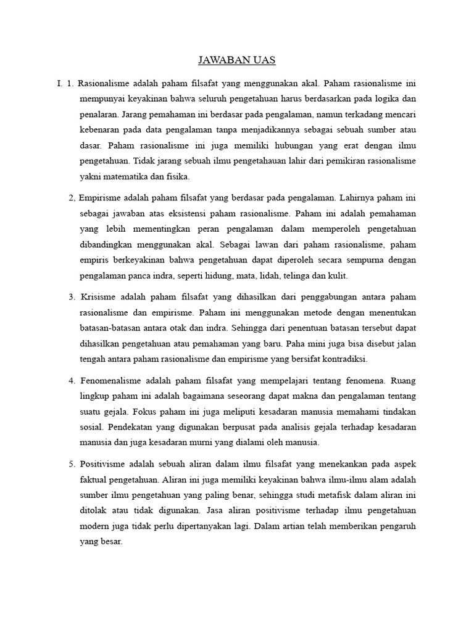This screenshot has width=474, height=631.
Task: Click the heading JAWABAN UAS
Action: click(x=236, y=60)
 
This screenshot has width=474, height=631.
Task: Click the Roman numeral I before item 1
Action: click(x=57, y=82)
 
